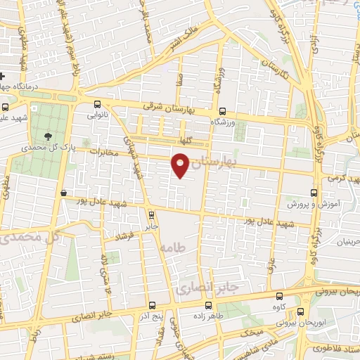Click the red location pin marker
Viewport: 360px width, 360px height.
click(181, 165)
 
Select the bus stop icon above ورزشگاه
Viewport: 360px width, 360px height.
click(222, 111)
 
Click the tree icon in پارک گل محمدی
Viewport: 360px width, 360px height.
click(48, 136)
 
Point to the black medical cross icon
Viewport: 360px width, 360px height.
click(4, 76)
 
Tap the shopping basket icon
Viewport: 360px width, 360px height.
click(64, 192)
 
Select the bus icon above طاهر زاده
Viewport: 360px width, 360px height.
click(208, 305)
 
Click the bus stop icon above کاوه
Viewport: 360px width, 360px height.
click(281, 296)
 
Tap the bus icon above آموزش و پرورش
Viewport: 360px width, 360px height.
click(314, 191)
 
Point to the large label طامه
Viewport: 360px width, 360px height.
click(171, 249)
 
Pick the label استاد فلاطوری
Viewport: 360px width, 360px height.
click(333, 349)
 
